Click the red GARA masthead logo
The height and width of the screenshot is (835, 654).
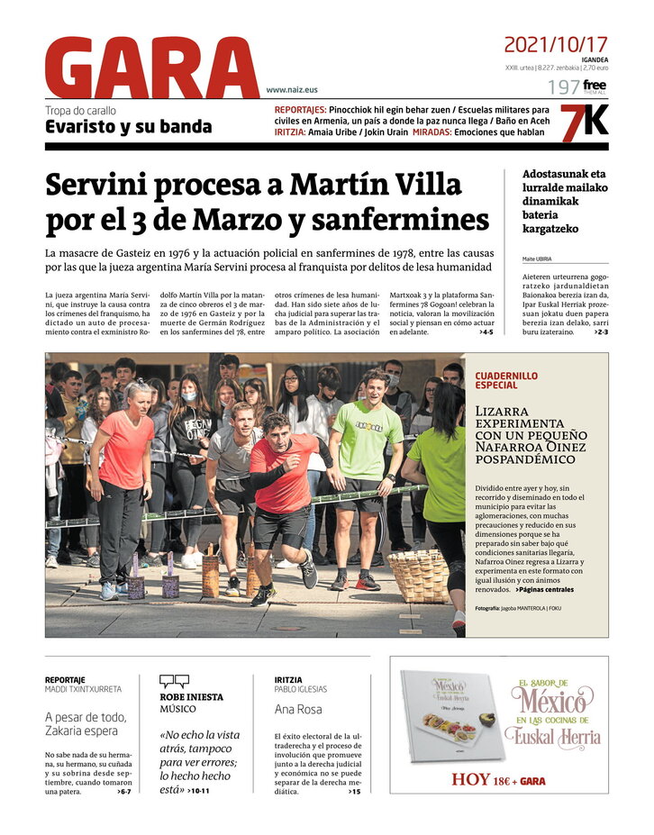pyautogui.click(x=151, y=68)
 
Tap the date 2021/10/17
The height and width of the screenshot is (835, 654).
pyautogui.click(x=555, y=44)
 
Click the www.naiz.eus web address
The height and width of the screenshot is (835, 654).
pyautogui.click(x=292, y=90)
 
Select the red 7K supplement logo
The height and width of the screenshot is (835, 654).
pyautogui.click(x=584, y=123)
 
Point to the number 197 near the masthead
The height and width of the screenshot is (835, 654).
pyautogui.click(x=563, y=87)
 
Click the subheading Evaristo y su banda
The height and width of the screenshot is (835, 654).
pyautogui.click(x=129, y=127)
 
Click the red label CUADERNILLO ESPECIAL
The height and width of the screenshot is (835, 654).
pyautogui.click(x=506, y=379)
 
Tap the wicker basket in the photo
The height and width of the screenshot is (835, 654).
pyautogui.click(x=419, y=576)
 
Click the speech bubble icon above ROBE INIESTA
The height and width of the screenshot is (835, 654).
pyautogui.click(x=174, y=682)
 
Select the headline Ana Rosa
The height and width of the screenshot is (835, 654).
pyautogui.click(x=297, y=709)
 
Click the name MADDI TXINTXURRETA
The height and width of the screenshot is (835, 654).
pyautogui.click(x=83, y=689)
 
